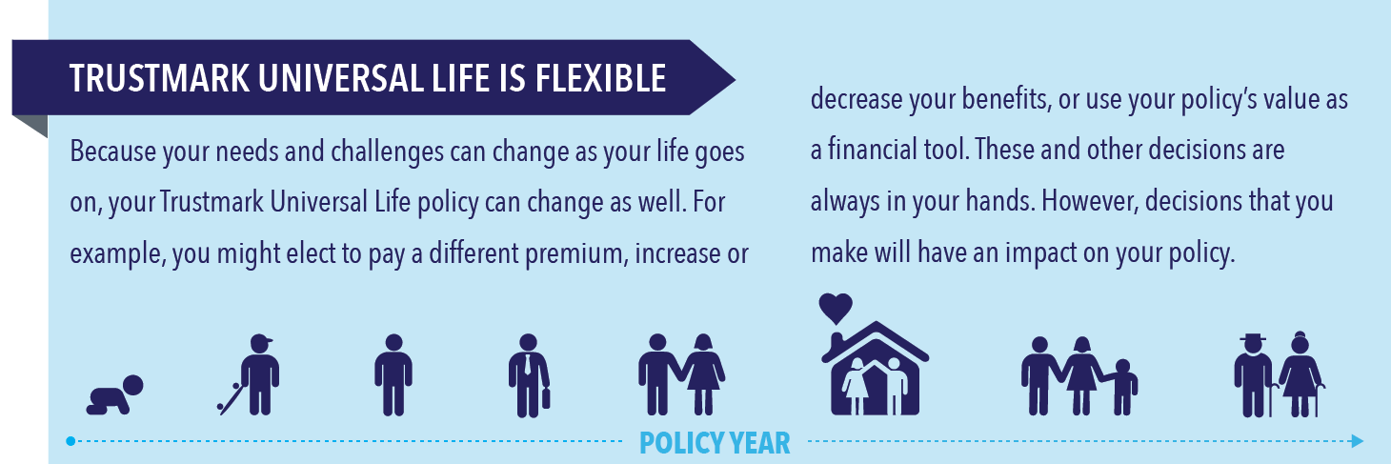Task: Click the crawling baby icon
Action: click(x=115, y=394)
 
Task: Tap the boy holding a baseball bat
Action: click(x=251, y=374)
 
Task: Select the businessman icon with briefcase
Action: click(x=529, y=375)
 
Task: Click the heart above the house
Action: click(x=836, y=308)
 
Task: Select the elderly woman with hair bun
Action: click(x=1300, y=373)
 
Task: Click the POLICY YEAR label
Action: click(x=715, y=443)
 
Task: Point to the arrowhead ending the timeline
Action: click(x=1358, y=441)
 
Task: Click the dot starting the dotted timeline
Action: click(x=71, y=441)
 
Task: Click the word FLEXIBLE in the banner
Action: click(x=600, y=78)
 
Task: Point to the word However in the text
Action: click(x=1091, y=201)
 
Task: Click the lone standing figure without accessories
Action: click(x=393, y=375)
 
